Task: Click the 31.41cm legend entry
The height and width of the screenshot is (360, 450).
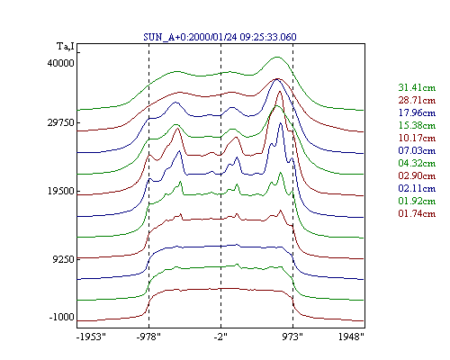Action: pos(417,87)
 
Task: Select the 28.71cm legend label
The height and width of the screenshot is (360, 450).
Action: pos(417,100)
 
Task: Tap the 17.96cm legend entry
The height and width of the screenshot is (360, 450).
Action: pos(417,112)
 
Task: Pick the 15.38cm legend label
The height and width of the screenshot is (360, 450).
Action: pos(417,125)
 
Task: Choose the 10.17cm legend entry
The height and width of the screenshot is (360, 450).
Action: pos(417,138)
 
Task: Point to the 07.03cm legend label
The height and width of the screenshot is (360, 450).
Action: pos(417,150)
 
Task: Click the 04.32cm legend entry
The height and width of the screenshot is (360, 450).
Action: pos(417,163)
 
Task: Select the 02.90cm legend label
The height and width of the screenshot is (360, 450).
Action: pos(417,175)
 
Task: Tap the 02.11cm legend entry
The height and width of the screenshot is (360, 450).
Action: pos(417,188)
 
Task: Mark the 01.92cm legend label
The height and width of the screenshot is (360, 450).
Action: pos(417,201)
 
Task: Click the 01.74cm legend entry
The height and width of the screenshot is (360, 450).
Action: pos(417,213)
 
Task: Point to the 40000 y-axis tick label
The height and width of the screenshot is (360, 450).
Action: pos(60,63)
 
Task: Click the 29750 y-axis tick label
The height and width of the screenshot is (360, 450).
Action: pos(60,122)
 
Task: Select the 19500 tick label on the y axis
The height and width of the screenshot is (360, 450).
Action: pos(60,191)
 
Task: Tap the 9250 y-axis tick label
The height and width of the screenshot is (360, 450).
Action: pos(63,259)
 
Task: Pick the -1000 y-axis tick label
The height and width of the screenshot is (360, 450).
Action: pos(61,317)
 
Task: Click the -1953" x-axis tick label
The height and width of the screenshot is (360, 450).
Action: pos(91,337)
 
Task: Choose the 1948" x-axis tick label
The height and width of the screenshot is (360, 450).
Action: pos(351,337)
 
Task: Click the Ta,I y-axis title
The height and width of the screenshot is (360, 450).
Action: pos(66,47)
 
